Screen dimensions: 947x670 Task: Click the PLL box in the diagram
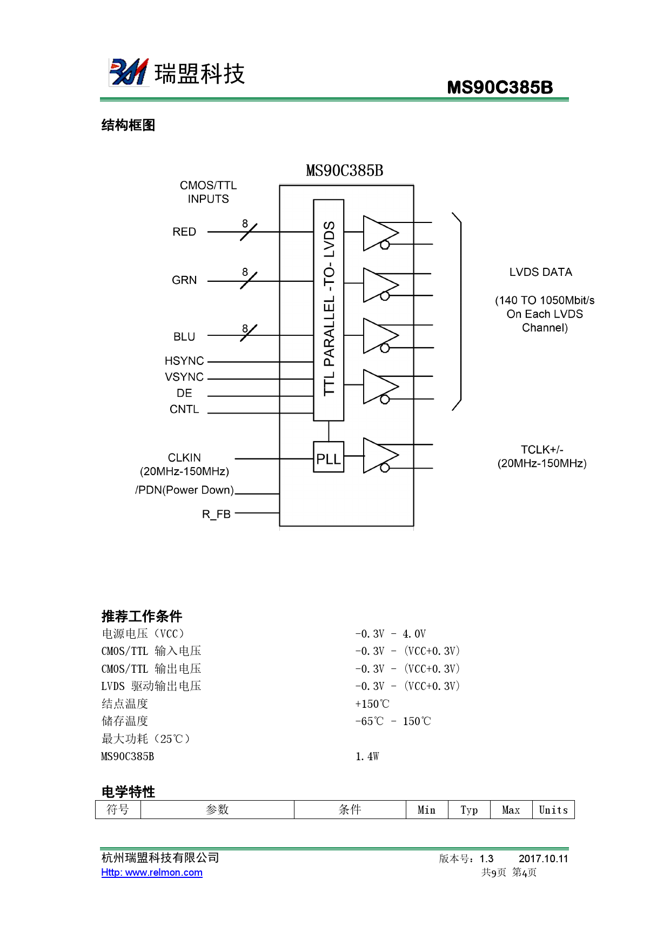pyautogui.click(x=329, y=457)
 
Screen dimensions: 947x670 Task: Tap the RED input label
pyautogui.click(x=184, y=232)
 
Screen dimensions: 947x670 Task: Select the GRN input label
pyautogui.click(x=184, y=280)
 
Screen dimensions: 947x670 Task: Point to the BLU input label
pyautogui.click(x=184, y=336)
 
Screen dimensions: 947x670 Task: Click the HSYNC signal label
pyautogui.click(x=184, y=361)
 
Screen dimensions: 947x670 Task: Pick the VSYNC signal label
pyautogui.click(x=184, y=377)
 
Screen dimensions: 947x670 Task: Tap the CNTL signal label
pyautogui.click(x=184, y=409)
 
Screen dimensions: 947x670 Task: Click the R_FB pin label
pyautogui.click(x=216, y=514)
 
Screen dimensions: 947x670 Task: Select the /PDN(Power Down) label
pyautogui.click(x=184, y=490)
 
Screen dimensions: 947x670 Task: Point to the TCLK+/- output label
pyautogui.click(x=542, y=450)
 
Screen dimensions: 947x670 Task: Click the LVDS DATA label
pyautogui.click(x=540, y=272)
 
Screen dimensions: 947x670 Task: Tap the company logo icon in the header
pyautogui.click(x=129, y=72)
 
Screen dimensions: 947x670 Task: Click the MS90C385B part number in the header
pyautogui.click(x=500, y=87)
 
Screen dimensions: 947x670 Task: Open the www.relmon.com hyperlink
pyautogui.click(x=152, y=872)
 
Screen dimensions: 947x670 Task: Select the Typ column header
pyautogui.click(x=469, y=810)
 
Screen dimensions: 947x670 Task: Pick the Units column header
pyautogui.click(x=553, y=810)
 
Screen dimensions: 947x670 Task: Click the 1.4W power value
pyautogui.click(x=367, y=756)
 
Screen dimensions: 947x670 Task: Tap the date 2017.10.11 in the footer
pyautogui.click(x=543, y=858)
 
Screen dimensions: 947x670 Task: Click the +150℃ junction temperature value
pyautogui.click(x=372, y=704)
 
